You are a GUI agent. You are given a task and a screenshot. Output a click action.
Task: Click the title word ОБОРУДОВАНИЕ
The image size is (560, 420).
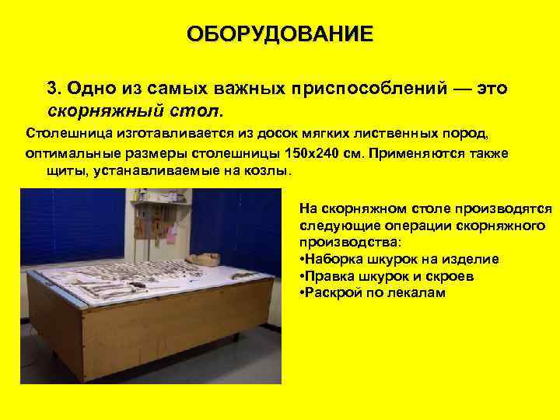coord(280,35)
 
